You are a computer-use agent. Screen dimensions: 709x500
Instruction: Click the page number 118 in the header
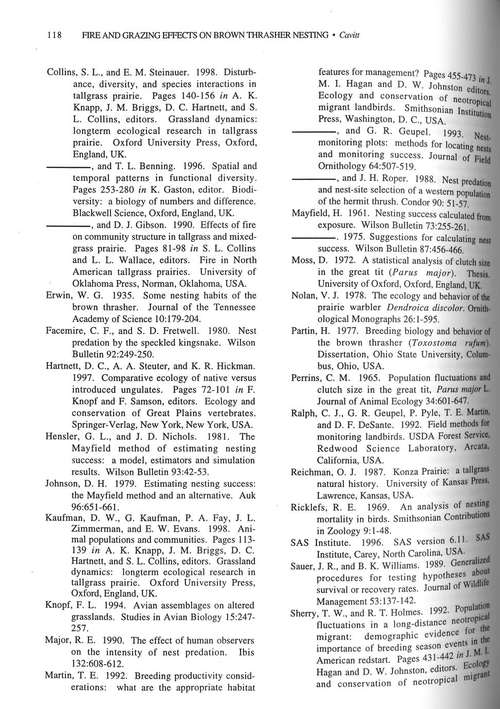54,35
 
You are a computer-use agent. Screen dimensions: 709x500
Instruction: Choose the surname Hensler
61,437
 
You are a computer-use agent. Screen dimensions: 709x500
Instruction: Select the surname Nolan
304,296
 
